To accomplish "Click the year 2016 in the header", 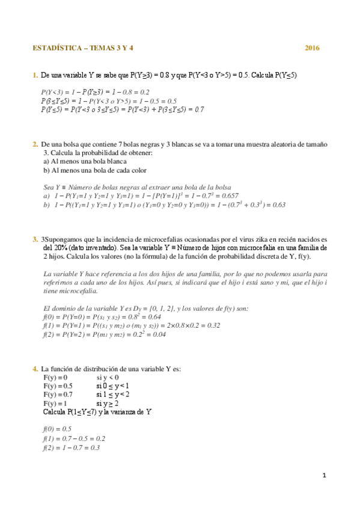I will pos(312,48).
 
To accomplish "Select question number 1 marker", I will pos(35,75).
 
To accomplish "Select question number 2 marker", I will pos(35,144).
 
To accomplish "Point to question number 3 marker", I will pos(35,239).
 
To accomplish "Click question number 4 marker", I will pos(35,369).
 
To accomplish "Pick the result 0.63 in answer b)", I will pos(278,204).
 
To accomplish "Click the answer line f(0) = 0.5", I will pos(57,429).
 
